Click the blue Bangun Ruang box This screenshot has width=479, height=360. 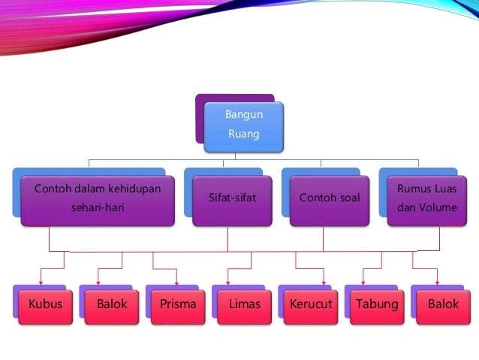(244, 126)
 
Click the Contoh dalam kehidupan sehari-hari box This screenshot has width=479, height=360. (98, 199)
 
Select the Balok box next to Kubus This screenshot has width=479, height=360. (112, 305)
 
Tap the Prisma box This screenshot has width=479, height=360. (178, 305)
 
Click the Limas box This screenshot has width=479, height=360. (244, 305)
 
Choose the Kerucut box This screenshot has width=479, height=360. (311, 305)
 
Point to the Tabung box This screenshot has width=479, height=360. (377, 305)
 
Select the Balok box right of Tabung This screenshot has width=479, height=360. (443, 305)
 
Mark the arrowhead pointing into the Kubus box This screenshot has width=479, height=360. (41, 284)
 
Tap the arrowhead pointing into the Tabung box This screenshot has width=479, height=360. (363, 284)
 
